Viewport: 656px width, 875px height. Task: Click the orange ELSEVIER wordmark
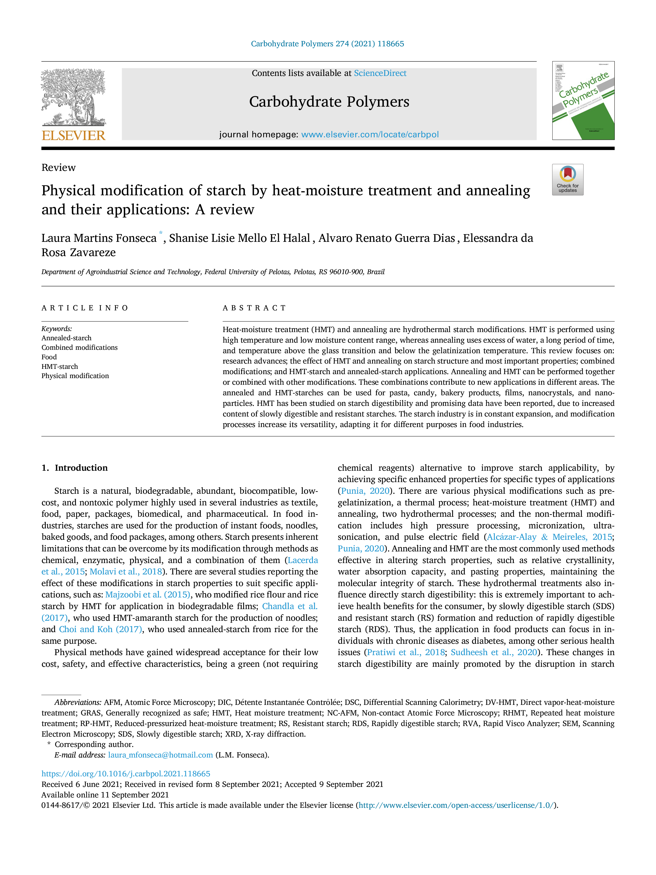(x=74, y=136)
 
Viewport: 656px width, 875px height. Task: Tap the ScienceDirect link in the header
(x=380, y=73)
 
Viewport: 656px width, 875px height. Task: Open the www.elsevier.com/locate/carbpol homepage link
(x=370, y=134)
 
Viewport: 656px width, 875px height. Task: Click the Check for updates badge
(x=567, y=180)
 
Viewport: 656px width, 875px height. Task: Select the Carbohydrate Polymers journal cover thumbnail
(x=583, y=101)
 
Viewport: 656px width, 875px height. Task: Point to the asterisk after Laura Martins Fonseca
(x=161, y=233)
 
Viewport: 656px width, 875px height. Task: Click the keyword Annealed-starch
(x=66, y=338)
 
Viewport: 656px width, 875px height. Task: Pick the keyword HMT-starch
(x=60, y=366)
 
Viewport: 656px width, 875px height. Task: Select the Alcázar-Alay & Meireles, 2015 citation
(x=549, y=537)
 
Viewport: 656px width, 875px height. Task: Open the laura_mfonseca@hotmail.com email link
(x=161, y=755)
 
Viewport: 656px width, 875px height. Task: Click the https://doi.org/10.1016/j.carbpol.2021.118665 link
(x=126, y=774)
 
